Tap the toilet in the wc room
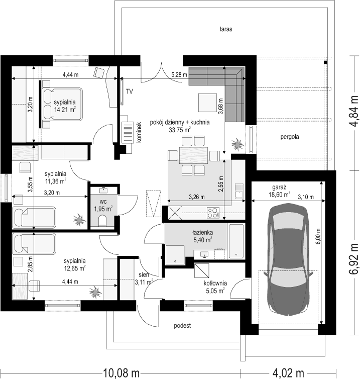tap(102, 221)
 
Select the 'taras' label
tap(226, 29)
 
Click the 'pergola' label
tap(290, 137)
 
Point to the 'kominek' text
tap(139, 132)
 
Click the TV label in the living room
tap(130, 91)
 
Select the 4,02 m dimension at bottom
tap(288, 372)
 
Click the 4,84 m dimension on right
tap(354, 111)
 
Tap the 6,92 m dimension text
tap(354, 258)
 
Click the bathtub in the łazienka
tap(236, 241)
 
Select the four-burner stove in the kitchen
tap(213, 213)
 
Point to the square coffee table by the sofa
tap(207, 103)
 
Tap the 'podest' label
tap(182, 326)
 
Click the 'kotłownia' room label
tap(215, 283)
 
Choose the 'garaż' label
tap(279, 187)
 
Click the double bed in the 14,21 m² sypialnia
tap(62, 104)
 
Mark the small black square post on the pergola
tap(325, 62)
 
